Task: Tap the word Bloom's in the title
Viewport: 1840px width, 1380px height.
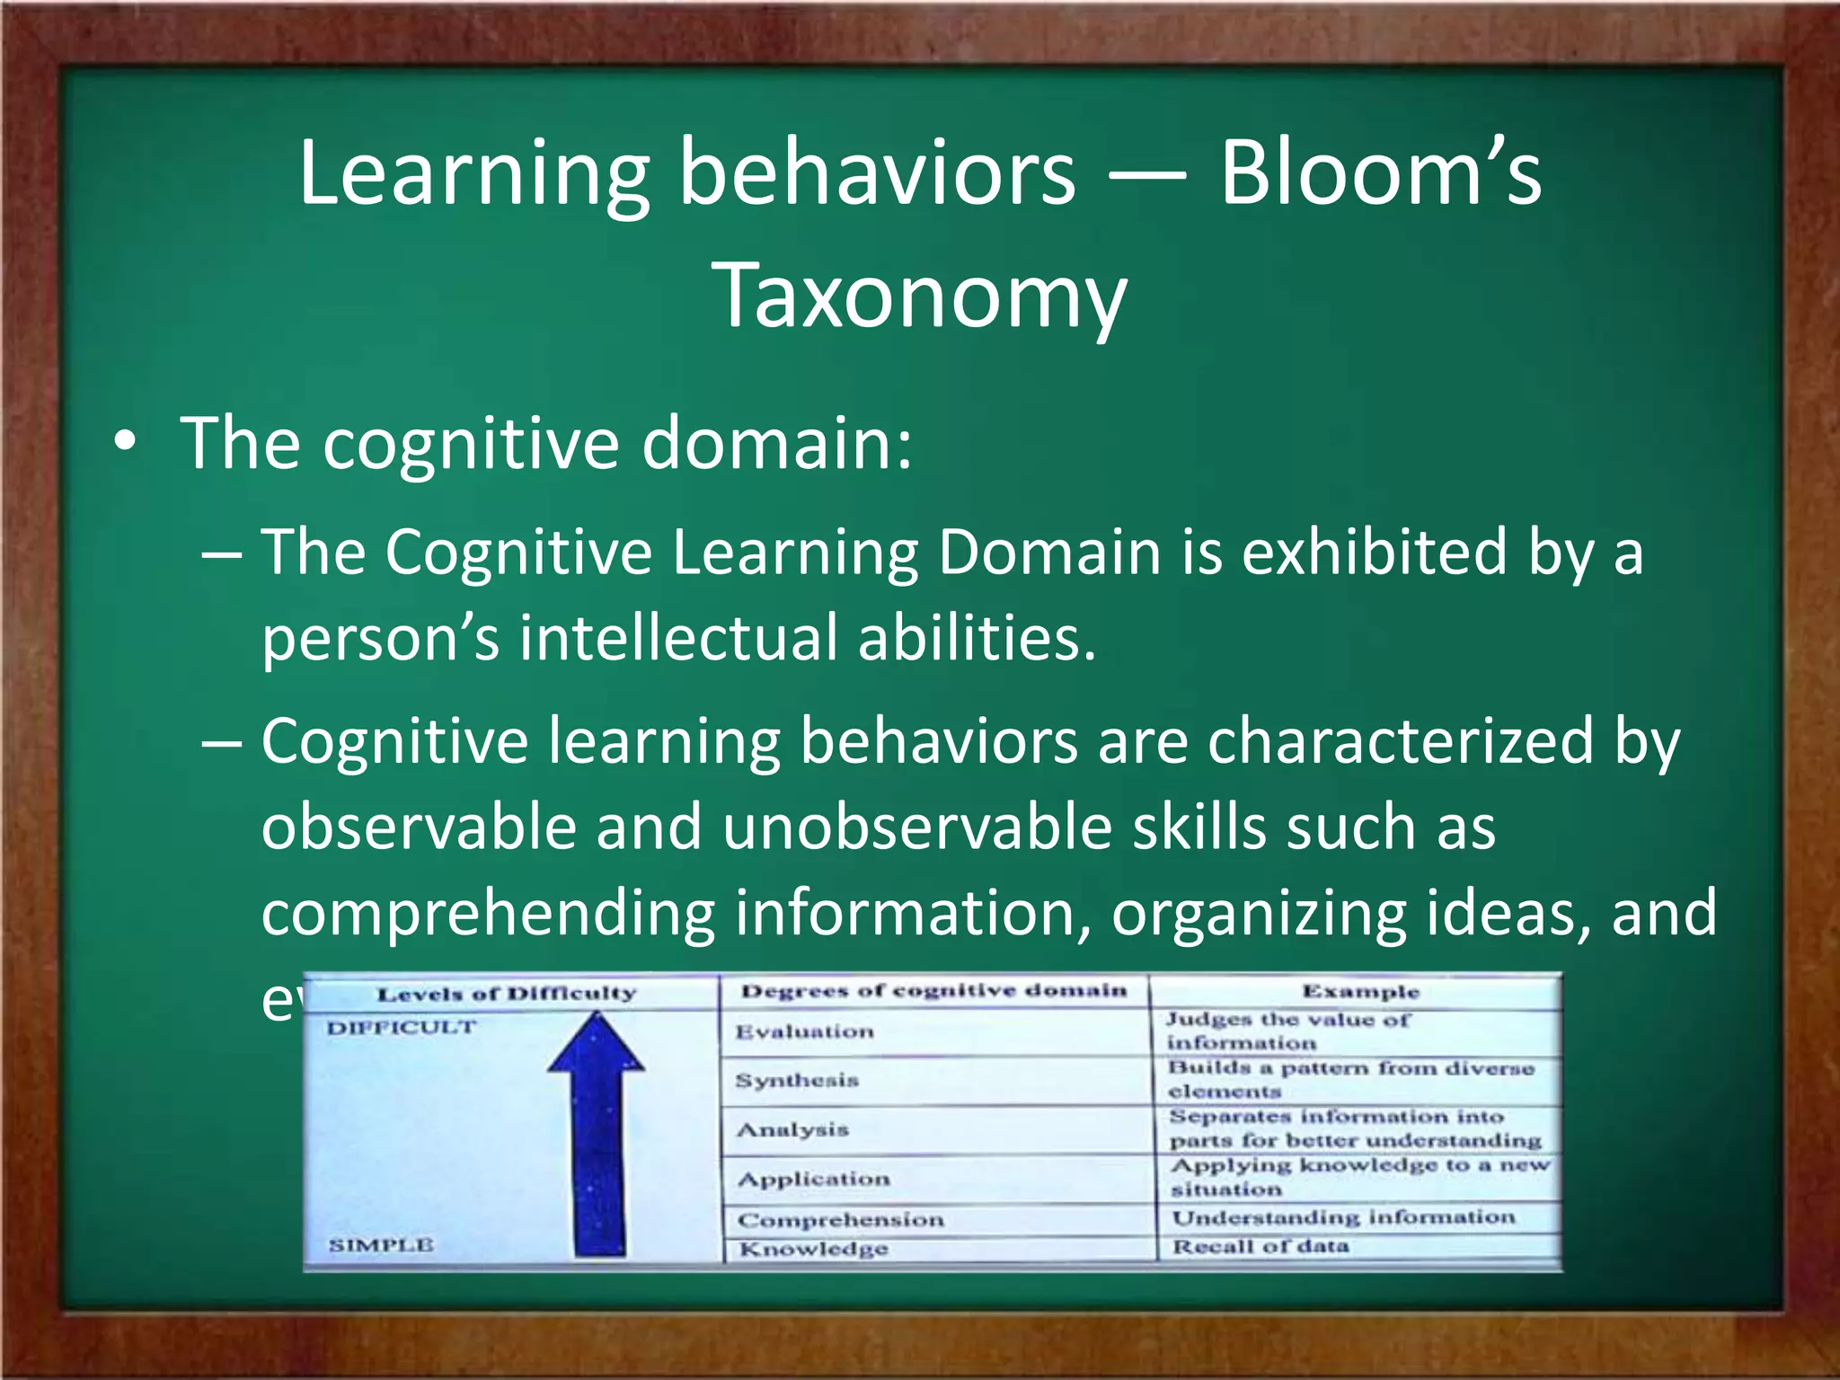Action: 1379,172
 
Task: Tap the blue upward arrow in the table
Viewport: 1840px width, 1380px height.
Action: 597,1132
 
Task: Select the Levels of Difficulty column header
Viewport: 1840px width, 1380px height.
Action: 507,994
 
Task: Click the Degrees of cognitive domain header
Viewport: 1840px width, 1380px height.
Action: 933,991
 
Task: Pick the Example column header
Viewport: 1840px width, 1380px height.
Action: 1360,992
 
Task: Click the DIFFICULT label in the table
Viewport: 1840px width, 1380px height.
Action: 401,1028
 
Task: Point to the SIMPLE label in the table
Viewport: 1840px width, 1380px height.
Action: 381,1245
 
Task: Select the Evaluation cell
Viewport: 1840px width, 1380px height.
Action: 804,1031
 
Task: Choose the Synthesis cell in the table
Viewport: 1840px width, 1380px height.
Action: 797,1080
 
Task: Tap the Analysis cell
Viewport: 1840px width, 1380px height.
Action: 792,1129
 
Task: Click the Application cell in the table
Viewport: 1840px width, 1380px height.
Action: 814,1179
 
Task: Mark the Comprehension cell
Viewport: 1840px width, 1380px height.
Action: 841,1220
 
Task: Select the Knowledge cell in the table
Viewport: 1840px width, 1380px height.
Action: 813,1249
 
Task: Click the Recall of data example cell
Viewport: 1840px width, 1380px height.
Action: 1261,1247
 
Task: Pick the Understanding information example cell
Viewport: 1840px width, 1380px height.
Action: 1343,1218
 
